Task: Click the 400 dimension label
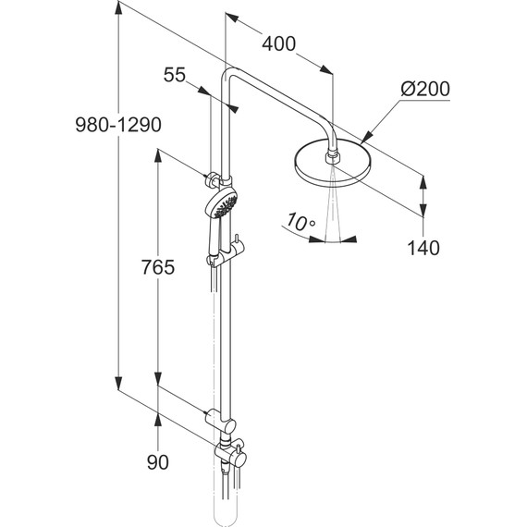coord(278,43)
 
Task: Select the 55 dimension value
coord(175,75)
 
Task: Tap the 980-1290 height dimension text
coord(118,125)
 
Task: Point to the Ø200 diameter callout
coord(425,89)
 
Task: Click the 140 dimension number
coord(423,248)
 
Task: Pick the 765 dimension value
coord(157,267)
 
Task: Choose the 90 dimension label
coord(157,462)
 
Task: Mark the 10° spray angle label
coord(300,222)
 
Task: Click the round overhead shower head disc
coord(333,164)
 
